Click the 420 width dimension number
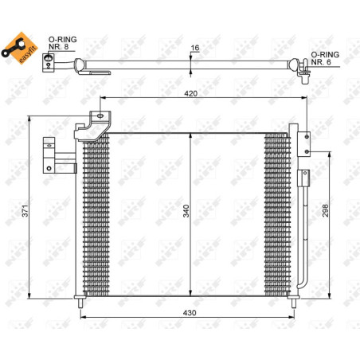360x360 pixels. point(191,93)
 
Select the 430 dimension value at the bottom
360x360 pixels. point(190,313)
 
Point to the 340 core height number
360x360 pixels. point(186,211)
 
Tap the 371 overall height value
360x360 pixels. point(25,211)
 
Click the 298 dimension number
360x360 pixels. point(325,210)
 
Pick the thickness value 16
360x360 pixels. point(195,48)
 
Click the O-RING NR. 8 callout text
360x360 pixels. point(62,43)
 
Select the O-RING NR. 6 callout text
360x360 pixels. point(325,58)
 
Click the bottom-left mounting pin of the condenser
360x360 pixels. point(80,303)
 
